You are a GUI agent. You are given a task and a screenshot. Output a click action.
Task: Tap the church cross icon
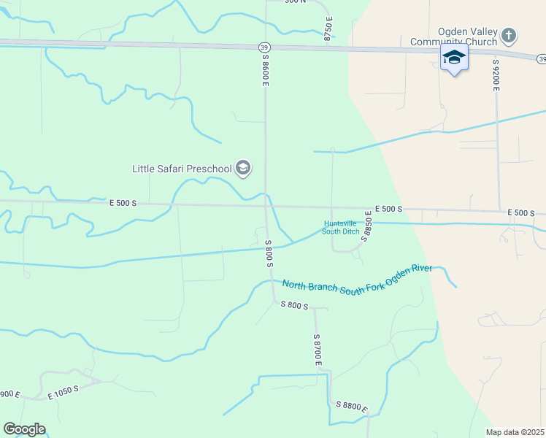pos(510,34)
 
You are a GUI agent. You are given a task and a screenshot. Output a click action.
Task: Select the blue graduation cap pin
pos(454,58)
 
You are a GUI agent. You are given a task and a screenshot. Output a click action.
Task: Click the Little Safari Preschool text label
pos(182,169)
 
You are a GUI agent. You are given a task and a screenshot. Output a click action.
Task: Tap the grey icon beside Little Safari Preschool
pos(243,169)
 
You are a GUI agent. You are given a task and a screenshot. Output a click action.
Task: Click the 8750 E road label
pos(328,28)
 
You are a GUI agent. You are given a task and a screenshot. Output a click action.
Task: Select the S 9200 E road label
pos(496,74)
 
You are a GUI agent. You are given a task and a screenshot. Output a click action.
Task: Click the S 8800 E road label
pos(352,407)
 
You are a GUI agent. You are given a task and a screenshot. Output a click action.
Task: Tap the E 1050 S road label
pos(63,392)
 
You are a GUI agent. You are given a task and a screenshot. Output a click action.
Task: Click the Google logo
pos(24,429)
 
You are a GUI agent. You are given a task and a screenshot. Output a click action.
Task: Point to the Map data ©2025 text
pos(515,432)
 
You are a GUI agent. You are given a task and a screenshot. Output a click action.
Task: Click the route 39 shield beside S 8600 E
pos(264,47)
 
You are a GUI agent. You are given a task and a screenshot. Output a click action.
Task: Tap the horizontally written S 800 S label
pos(295,306)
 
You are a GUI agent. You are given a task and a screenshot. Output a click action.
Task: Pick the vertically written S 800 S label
pos(269,253)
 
